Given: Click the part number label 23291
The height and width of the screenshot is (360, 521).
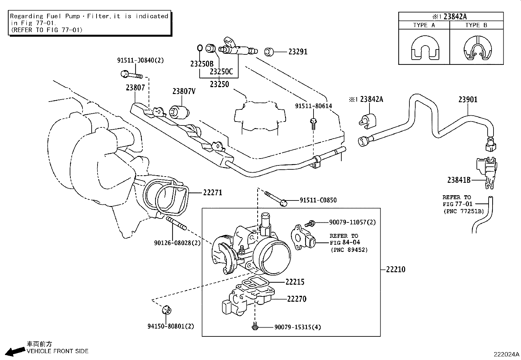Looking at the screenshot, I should [298, 52].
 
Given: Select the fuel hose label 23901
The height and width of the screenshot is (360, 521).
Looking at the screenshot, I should [468, 100].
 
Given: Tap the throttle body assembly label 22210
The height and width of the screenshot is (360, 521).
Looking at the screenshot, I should [395, 270].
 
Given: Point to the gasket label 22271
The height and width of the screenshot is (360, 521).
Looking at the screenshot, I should [212, 193].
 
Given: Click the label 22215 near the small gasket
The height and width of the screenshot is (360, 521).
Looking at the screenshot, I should [295, 282].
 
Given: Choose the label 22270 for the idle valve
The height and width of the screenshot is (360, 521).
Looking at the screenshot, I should [296, 299].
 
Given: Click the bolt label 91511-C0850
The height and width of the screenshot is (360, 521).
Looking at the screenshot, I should [318, 200].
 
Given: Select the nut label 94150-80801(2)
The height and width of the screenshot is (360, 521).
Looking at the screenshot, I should [171, 326].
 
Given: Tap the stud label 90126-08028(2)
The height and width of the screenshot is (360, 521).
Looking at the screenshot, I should [177, 243].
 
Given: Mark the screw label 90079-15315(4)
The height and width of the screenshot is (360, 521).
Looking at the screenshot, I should [297, 327].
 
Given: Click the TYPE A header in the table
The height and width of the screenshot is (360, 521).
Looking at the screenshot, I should [424, 25].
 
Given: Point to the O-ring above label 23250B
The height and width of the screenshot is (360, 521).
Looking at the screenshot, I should [200, 48].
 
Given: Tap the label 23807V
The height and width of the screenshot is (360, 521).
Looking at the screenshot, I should [184, 91].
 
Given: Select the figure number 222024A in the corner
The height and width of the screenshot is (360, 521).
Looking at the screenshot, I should [506, 354].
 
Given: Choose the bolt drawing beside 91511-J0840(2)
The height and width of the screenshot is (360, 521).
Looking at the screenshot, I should [131, 75].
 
